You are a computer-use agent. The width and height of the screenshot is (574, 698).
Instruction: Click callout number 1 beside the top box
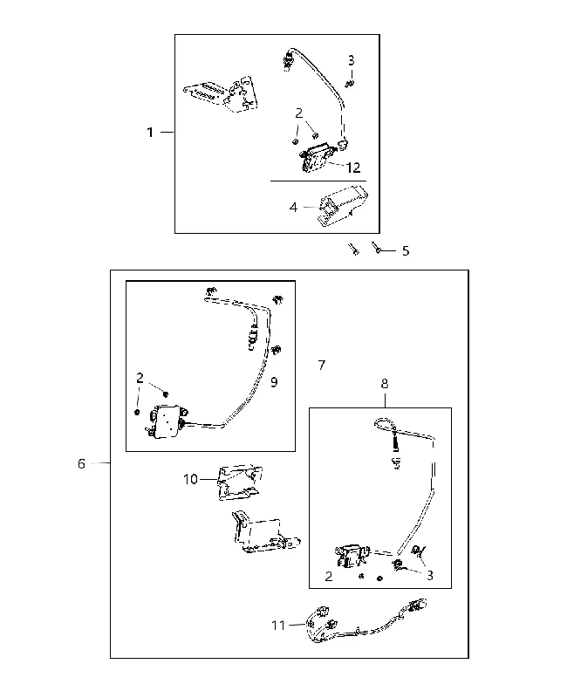150,133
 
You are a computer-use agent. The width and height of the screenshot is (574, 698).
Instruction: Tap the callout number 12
352,168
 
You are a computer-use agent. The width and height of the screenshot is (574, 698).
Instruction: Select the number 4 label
293,208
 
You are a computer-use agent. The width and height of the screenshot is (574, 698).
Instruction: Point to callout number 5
406,251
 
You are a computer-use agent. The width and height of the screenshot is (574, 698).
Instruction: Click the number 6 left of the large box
81,464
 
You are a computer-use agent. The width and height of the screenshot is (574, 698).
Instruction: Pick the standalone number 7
322,365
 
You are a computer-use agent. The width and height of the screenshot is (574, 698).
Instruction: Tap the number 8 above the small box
385,384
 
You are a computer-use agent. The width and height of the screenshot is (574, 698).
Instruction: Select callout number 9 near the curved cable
274,382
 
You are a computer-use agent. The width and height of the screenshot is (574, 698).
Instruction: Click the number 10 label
190,479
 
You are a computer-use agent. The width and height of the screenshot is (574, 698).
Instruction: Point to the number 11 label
278,626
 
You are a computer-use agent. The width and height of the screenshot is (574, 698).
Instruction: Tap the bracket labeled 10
239,482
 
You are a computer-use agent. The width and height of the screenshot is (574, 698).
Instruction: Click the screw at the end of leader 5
377,248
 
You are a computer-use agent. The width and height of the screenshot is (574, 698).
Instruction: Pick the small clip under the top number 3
350,83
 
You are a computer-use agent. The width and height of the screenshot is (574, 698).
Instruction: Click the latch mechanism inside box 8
352,555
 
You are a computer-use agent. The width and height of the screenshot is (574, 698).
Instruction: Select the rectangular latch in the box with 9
166,419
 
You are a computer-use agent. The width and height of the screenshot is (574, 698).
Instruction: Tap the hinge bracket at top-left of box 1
222,94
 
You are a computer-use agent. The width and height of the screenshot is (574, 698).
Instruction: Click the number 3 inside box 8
430,576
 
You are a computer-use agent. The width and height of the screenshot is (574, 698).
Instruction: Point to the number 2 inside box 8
329,577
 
